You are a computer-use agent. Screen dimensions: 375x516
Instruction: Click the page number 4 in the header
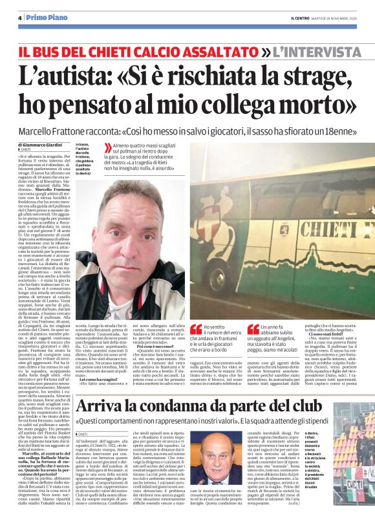(20, 17)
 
